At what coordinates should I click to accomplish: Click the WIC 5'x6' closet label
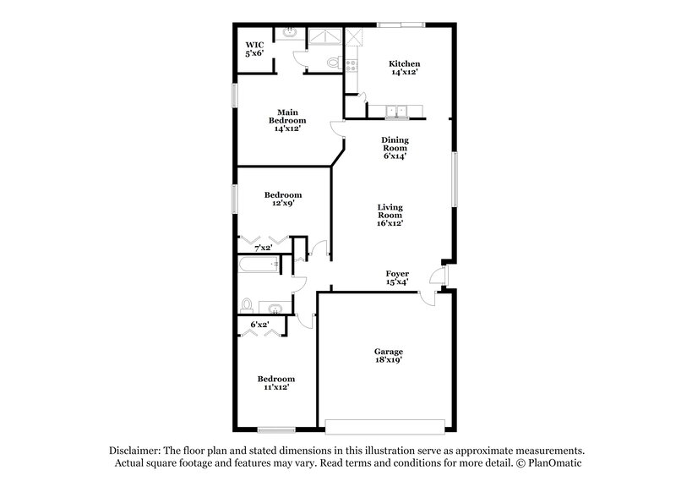254,49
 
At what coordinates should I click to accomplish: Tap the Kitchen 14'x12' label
404,69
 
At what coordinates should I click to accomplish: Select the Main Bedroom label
287,120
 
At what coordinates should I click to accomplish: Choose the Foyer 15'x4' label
397,278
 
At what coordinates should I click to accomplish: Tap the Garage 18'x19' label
389,355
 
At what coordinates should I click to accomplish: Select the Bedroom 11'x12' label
276,384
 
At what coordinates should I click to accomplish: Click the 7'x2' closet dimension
264,248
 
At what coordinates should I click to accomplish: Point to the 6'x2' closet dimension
259,324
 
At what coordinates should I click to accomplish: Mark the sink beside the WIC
289,34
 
